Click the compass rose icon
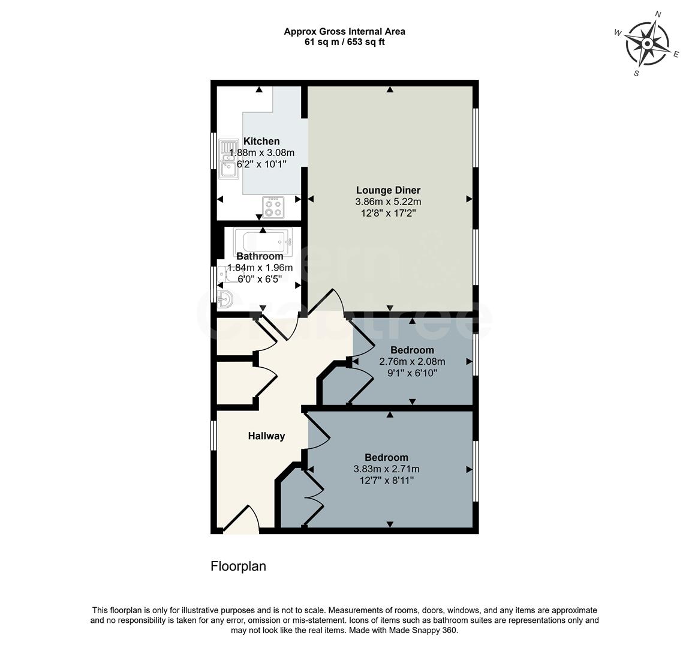(647, 44)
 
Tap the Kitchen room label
(261, 142)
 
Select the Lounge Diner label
(388, 191)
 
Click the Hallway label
(266, 436)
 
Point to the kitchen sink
(228, 159)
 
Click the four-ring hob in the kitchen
(274, 208)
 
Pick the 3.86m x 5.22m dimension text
(388, 202)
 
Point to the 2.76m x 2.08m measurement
(412, 362)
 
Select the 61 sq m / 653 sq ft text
(344, 42)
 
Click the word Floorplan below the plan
(238, 566)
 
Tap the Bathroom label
(260, 256)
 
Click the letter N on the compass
(658, 14)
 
